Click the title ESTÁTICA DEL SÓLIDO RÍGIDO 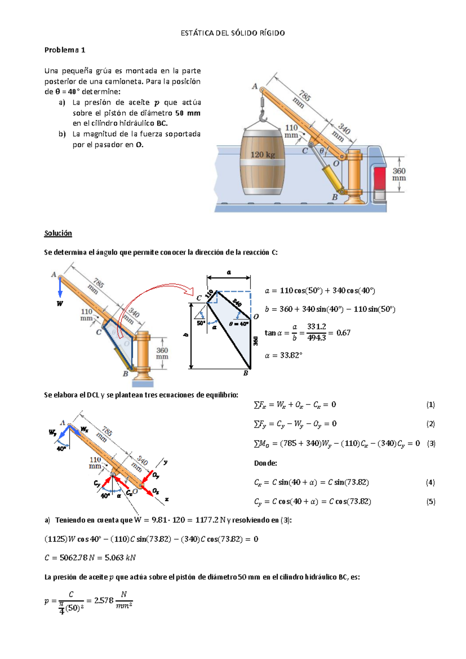point(233,33)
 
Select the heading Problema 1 point(64,50)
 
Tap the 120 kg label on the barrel point(263,155)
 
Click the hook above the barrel point(263,115)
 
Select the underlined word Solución point(58,233)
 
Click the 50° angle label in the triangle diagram point(200,323)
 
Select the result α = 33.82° point(283,355)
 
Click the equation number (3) point(431,443)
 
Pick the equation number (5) point(431,502)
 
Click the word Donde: point(265,463)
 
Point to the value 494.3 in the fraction point(316,338)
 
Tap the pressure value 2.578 point(104,601)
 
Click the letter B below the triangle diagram point(245,373)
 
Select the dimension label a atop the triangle point(229,272)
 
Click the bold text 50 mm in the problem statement point(188,113)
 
